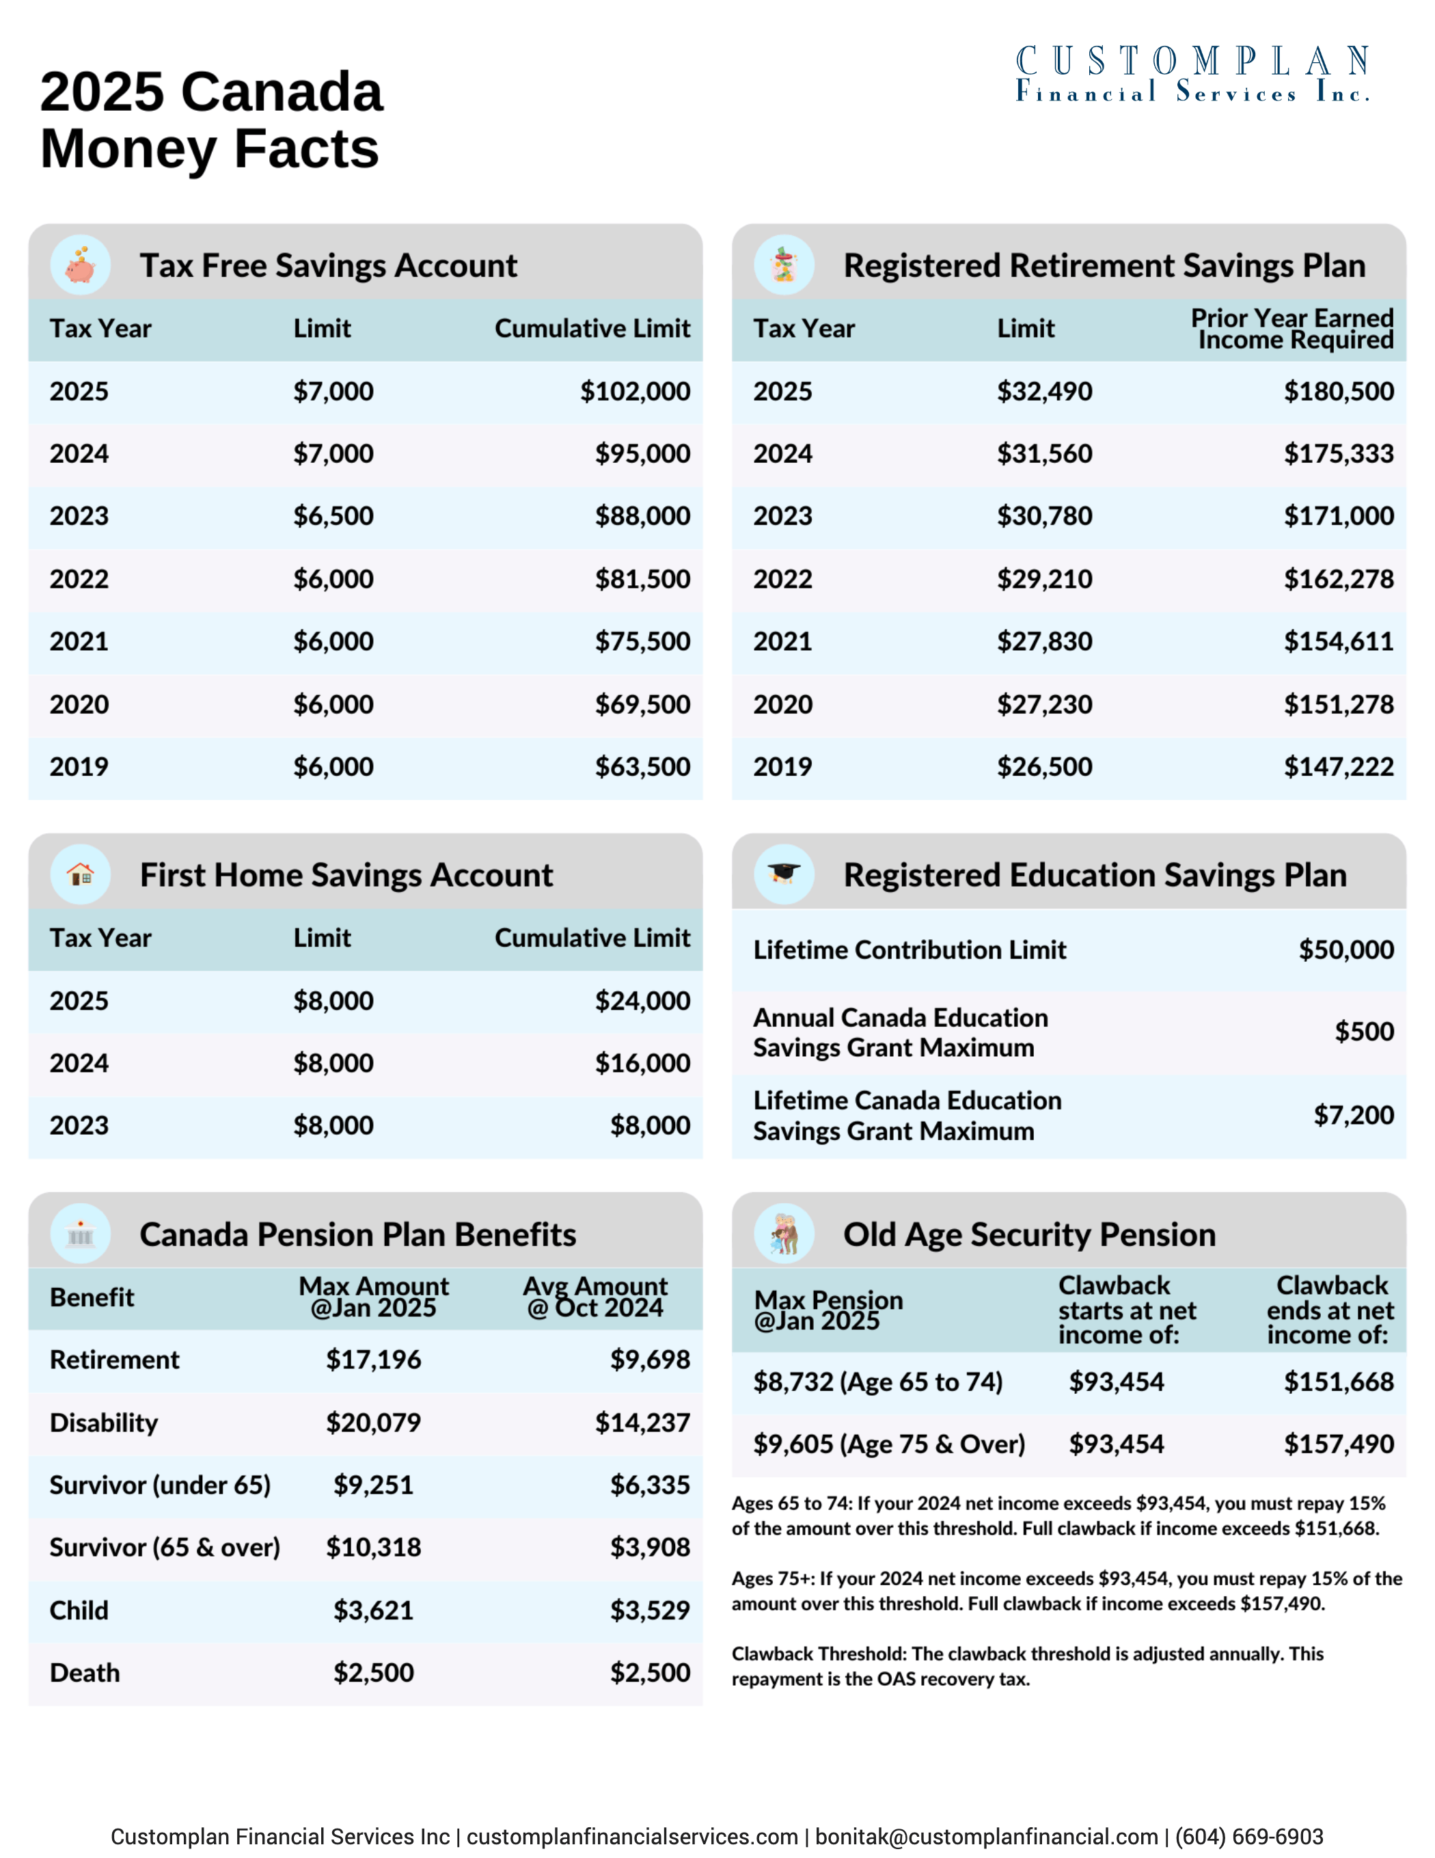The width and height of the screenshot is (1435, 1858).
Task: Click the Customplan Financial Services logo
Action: pos(1192,74)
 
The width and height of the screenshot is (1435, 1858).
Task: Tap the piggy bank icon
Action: pos(81,265)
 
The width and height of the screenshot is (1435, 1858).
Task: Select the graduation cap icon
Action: pos(783,874)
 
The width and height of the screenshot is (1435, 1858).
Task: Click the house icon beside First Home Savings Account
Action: pos(81,874)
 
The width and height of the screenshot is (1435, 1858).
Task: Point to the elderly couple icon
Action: pos(783,1234)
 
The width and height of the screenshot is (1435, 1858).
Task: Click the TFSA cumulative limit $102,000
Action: pos(635,391)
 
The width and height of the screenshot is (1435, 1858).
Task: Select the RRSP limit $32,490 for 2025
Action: pos(1043,391)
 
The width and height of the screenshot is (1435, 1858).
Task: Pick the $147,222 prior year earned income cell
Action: pos(1338,766)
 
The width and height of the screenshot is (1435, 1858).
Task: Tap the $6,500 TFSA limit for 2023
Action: pos(333,515)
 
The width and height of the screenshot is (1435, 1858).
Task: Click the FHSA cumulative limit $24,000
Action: pos(642,1001)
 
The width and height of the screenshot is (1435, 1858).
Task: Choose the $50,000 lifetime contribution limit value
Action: pos(1345,950)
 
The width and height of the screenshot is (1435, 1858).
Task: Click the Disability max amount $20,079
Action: pos(373,1423)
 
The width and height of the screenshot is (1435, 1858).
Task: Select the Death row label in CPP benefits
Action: pos(85,1673)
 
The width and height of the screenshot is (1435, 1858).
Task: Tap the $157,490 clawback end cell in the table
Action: pos(1338,1444)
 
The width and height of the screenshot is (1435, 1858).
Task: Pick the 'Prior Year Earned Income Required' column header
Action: pos(1291,328)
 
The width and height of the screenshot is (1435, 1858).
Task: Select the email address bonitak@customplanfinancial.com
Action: pos(987,1837)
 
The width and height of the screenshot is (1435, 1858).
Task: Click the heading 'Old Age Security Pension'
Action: pos(1029,1235)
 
